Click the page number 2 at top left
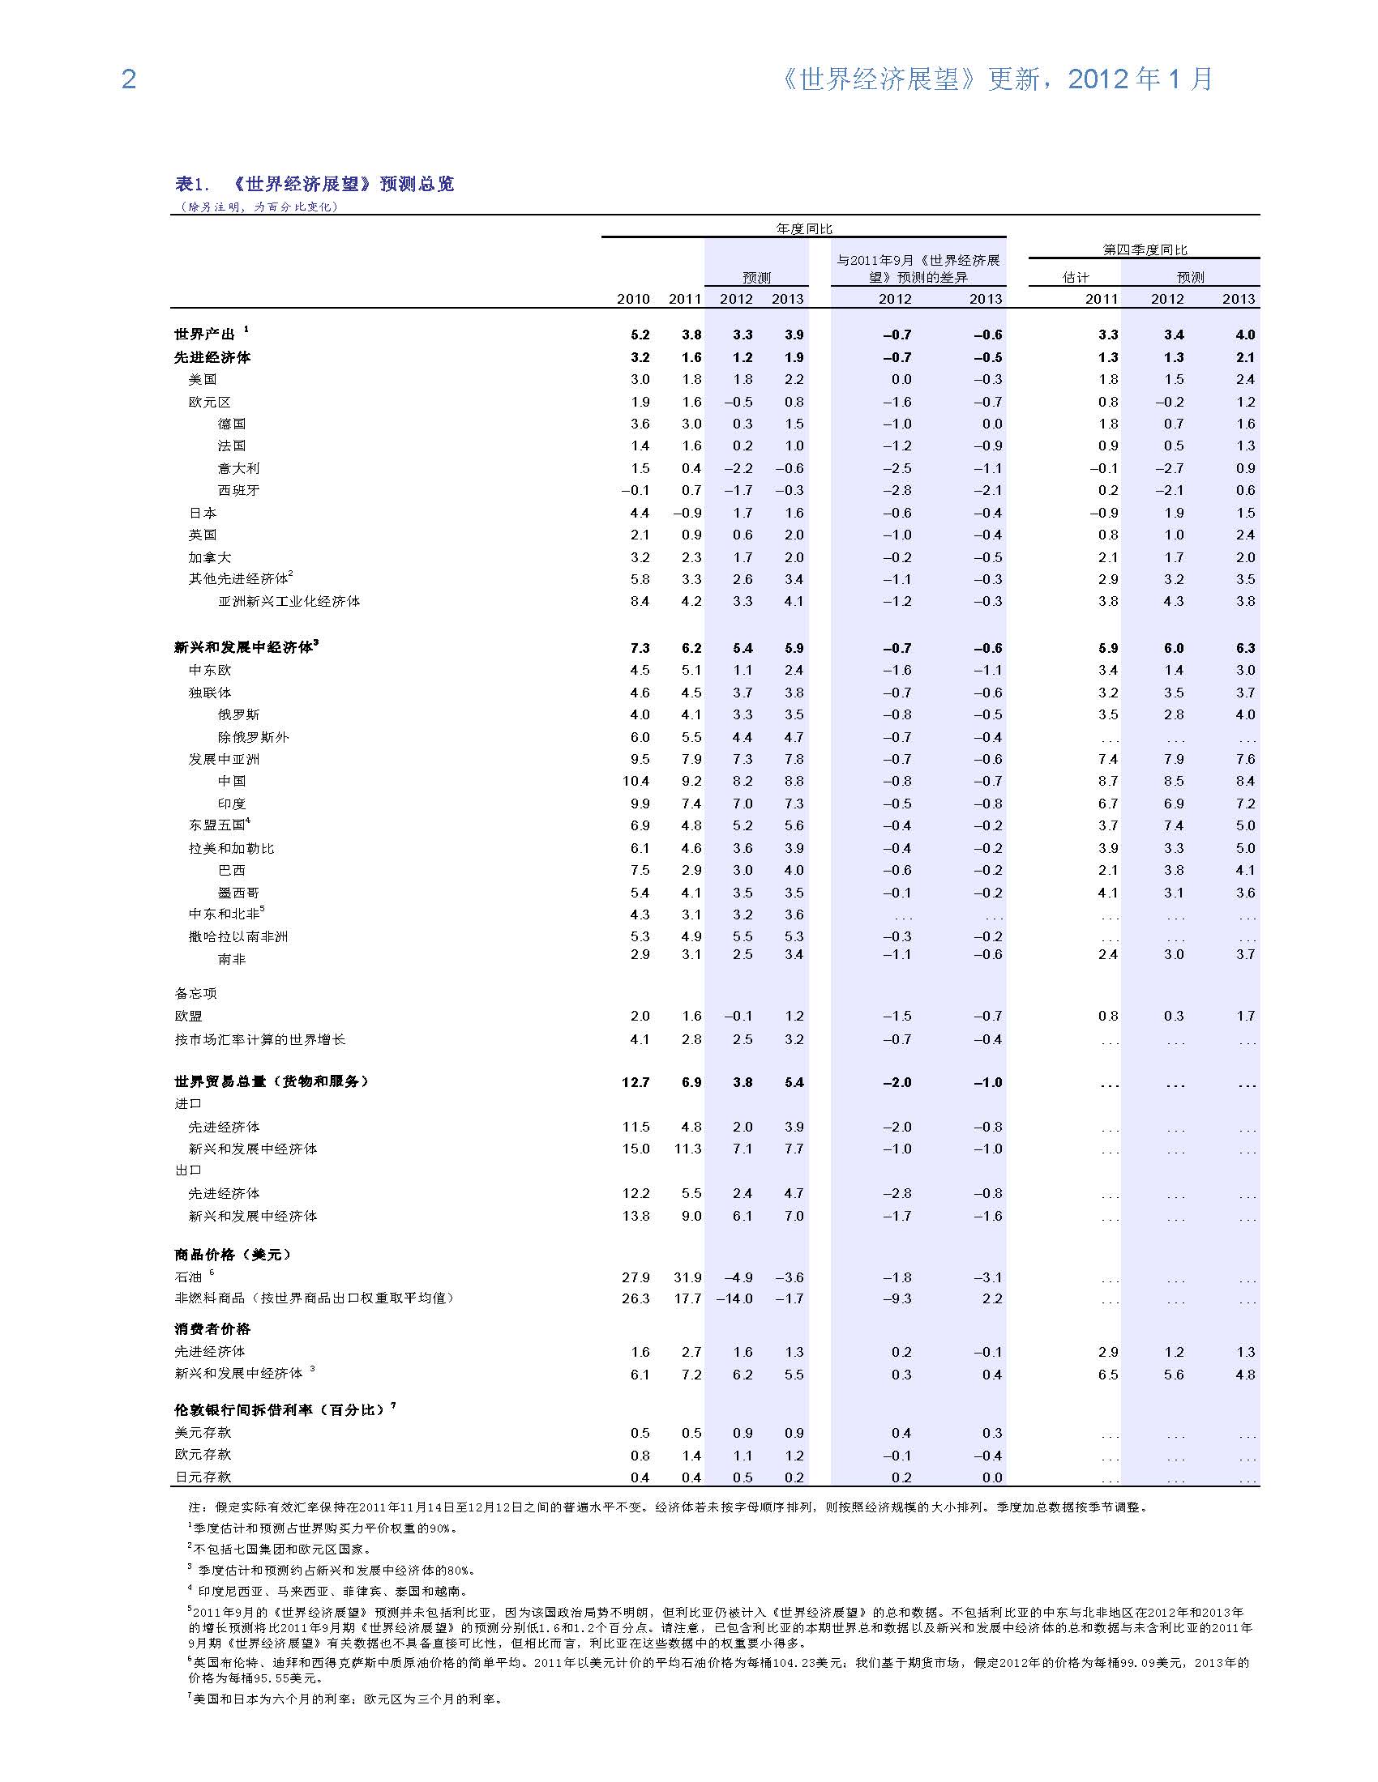(128, 79)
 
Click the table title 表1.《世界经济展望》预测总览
(315, 185)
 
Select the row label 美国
(203, 379)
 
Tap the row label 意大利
(238, 468)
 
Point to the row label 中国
(232, 781)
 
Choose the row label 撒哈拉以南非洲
(238, 936)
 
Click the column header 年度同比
(803, 229)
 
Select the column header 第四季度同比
(1145, 249)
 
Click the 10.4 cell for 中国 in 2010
(636, 781)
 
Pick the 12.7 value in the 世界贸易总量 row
(636, 1082)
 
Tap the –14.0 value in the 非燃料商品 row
(734, 1298)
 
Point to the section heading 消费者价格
(212, 1329)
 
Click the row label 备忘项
(195, 993)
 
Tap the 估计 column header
(1075, 277)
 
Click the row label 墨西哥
(238, 893)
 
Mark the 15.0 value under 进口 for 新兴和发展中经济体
(636, 1149)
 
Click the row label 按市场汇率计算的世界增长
(259, 1039)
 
